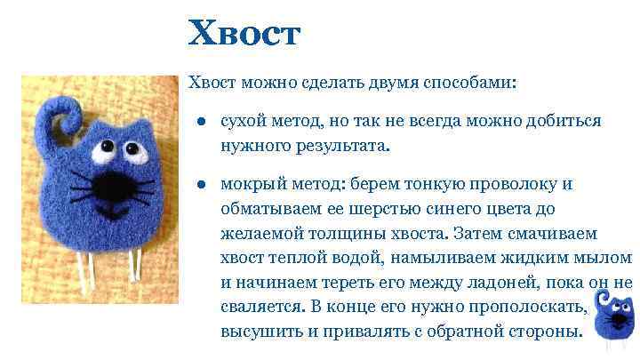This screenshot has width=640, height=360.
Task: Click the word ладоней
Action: (482, 283)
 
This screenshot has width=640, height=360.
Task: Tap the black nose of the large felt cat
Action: (112, 186)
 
